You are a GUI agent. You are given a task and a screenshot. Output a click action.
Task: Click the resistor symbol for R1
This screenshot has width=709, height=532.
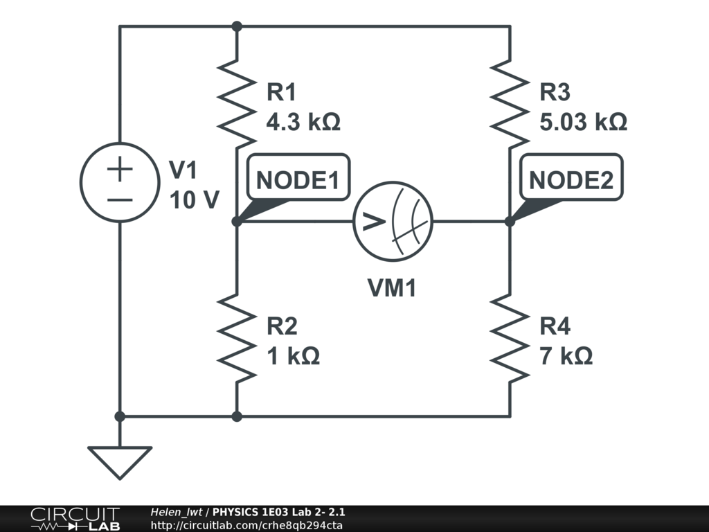coord(237,104)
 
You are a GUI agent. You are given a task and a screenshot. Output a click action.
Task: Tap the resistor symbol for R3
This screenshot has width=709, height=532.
coord(510,104)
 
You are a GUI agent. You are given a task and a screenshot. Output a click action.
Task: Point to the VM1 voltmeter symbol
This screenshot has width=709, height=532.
coord(393,222)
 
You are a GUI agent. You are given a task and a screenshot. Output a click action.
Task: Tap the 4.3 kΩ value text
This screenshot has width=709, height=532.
coord(303,123)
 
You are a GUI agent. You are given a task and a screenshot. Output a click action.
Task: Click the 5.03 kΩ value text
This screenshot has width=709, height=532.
coord(583,123)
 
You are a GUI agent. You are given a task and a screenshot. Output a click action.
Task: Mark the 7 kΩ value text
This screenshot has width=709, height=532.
coord(566,357)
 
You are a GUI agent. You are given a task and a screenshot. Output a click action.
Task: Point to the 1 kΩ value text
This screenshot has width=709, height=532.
coord(293,357)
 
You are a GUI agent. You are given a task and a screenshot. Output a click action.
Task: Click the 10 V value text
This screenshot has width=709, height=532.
coord(195,200)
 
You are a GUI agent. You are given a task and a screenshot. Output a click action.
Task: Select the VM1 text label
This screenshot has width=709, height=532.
coord(392,287)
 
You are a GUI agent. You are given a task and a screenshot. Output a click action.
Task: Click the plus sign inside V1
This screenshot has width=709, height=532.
coord(120,168)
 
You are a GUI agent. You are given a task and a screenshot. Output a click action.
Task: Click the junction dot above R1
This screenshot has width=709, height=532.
coord(237,26)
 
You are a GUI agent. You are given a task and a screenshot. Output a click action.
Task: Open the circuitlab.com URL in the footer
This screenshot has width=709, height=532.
coord(246,525)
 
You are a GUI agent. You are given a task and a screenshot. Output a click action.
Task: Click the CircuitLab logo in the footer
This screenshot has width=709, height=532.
coord(75,519)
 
